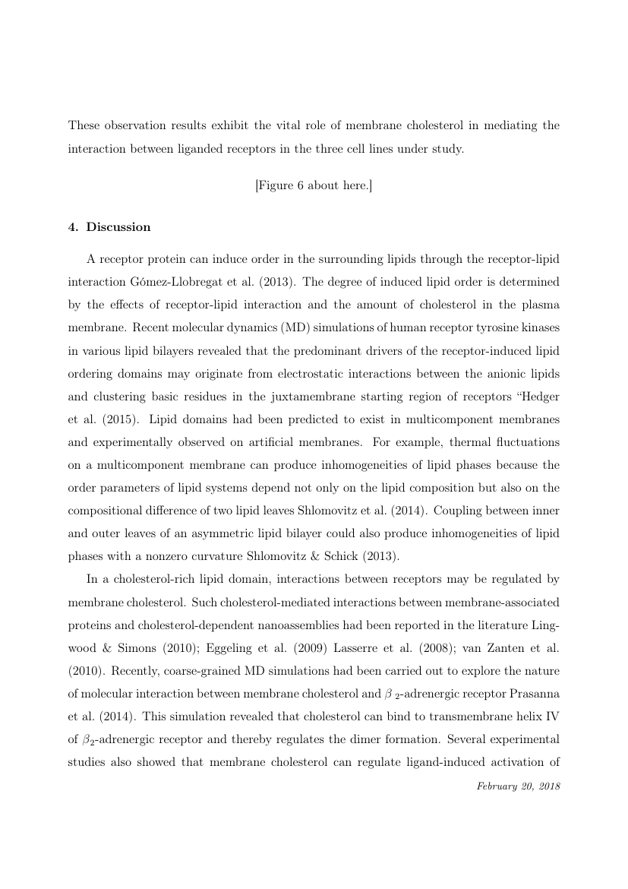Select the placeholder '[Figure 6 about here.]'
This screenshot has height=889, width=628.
pos(314,185)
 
